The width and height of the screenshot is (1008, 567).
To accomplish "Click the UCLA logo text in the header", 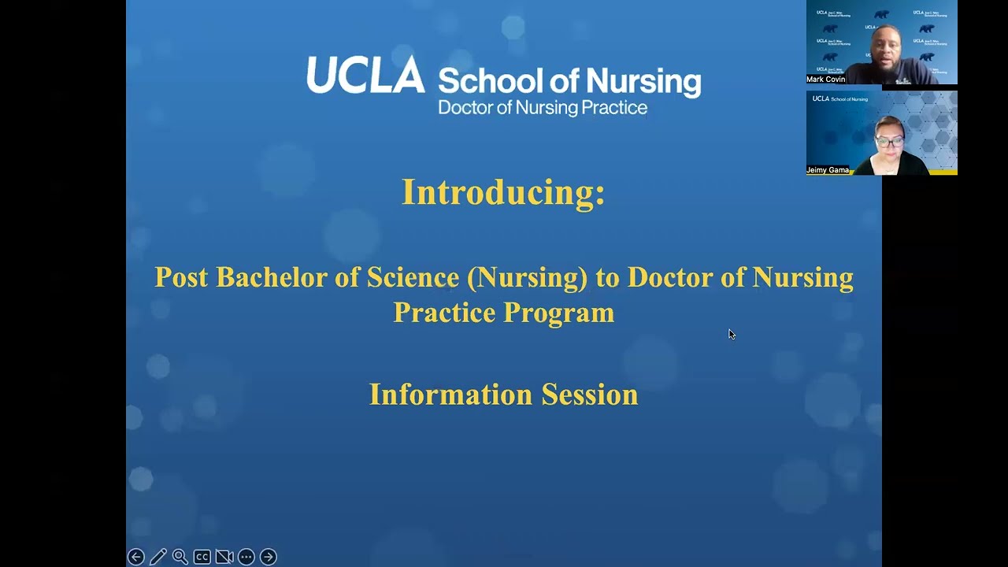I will pyautogui.click(x=365, y=76).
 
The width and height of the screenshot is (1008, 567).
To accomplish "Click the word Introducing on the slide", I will pyautogui.click(x=502, y=192).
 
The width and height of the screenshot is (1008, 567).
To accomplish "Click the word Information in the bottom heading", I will pyautogui.click(x=450, y=394).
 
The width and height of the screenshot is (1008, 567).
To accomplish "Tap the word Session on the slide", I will pyautogui.click(x=589, y=394).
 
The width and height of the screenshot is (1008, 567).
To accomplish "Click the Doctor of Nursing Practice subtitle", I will pyautogui.click(x=543, y=108).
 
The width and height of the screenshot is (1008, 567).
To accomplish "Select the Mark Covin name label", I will pyautogui.click(x=826, y=80).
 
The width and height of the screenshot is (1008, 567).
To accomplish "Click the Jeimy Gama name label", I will pyautogui.click(x=828, y=170).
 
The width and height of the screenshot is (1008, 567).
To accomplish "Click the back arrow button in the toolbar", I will pyautogui.click(x=135, y=557).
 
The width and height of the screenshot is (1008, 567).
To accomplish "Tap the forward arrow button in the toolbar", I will pyautogui.click(x=268, y=557).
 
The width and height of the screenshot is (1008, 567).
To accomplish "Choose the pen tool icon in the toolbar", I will pyautogui.click(x=157, y=557).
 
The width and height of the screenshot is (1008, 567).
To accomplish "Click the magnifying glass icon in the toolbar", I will pyautogui.click(x=180, y=557).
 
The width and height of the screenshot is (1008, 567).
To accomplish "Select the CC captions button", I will pyautogui.click(x=202, y=557).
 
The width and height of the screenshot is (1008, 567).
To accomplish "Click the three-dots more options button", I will pyautogui.click(x=246, y=557).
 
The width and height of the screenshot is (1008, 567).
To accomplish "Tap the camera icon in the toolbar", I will pyautogui.click(x=224, y=557).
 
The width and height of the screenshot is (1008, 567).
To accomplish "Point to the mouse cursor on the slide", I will pyautogui.click(x=731, y=334).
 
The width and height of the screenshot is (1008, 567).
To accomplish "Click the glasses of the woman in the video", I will pyautogui.click(x=890, y=143).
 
